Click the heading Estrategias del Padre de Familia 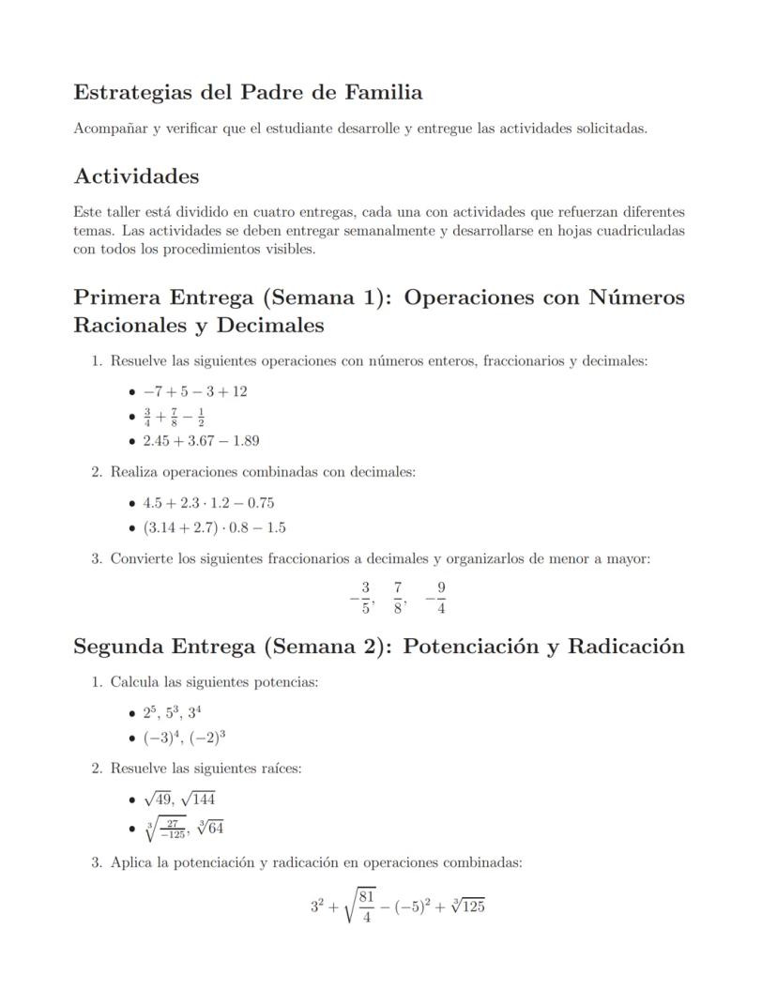pos(248,93)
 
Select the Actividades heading pos(136,176)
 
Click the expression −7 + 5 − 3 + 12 pos(195,391)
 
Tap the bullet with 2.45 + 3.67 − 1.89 pos(201,440)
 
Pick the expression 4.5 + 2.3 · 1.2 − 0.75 pos(208,503)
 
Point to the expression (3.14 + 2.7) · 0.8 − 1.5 pos(214,527)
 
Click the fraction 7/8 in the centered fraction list pos(399,598)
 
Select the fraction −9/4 pos(436,598)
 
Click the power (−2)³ pos(208,738)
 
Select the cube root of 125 pos(465,906)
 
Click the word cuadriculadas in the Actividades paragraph pos(639,231)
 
